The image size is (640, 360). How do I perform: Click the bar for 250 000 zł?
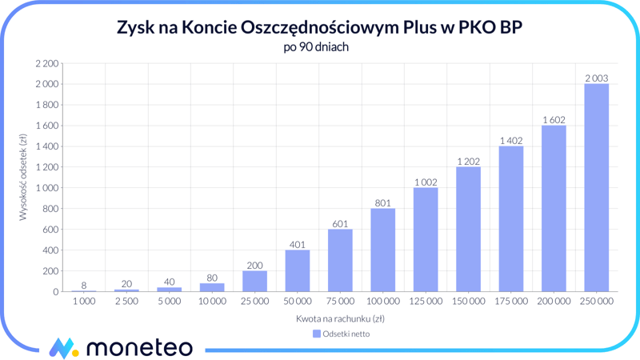click(596, 188)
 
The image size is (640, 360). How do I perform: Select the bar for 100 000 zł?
click(382, 250)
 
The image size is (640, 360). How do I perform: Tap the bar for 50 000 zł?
click(297, 271)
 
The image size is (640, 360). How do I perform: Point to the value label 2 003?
click(596, 78)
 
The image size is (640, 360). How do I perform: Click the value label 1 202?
click(468, 162)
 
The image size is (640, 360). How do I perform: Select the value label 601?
click(340, 224)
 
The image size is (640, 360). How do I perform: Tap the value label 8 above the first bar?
click(84, 286)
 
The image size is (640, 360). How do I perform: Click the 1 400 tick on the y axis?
click(47, 146)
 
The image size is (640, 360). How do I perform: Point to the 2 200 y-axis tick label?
click(47, 63)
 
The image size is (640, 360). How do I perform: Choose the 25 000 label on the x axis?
click(254, 302)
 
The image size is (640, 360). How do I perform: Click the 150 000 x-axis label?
click(468, 302)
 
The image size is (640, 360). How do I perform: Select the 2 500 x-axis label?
click(126, 302)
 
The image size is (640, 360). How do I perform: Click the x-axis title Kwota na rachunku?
click(340, 318)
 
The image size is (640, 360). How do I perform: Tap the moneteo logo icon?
click(62, 348)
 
